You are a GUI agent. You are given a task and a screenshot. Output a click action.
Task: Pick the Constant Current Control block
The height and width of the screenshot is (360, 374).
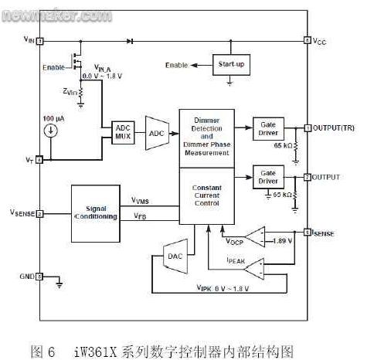206,195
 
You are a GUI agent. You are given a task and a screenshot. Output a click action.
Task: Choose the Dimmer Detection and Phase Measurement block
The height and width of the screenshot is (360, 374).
206,138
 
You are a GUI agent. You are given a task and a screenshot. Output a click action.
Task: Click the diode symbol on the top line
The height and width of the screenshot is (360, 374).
131,39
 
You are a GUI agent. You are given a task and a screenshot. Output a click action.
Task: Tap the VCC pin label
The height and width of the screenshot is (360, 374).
320,40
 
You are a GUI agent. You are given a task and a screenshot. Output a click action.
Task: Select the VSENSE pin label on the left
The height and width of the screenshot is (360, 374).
22,212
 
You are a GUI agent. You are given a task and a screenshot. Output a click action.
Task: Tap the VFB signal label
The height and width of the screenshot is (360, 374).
140,216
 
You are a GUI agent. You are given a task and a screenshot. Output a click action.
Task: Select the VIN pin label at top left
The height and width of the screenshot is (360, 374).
29,39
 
